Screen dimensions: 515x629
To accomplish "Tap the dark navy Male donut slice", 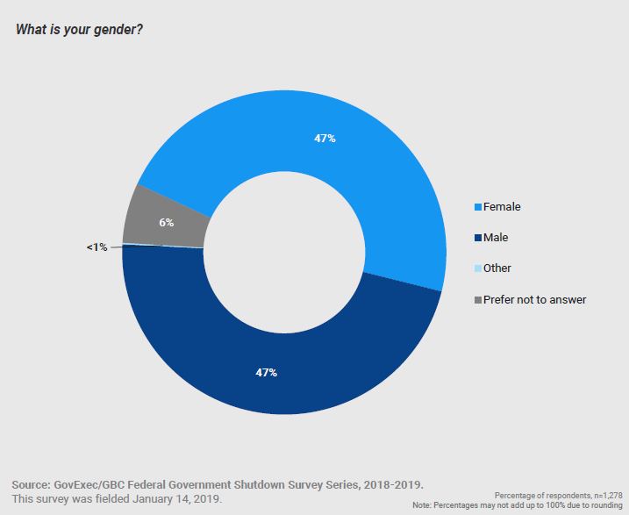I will tap(263, 368).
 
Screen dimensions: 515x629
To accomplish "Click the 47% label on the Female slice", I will tap(325, 139).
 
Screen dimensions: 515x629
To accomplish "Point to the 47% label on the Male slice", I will tap(266, 373).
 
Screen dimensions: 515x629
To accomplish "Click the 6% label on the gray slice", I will tap(166, 222).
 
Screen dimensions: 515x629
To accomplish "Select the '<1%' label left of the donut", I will tap(96, 247).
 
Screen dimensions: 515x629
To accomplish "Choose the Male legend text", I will tap(496, 237).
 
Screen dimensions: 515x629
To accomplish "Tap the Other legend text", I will tap(497, 268).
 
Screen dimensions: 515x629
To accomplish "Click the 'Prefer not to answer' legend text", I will tap(534, 299).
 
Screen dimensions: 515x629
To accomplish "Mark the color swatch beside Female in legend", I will tap(477, 208).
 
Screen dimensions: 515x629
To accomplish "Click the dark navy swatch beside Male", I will tap(477, 238).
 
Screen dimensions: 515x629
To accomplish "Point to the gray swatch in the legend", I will tap(477, 300).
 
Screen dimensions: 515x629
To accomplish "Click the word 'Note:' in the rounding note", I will tap(424, 506).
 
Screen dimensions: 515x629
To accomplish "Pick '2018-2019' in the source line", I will tap(398, 483).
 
